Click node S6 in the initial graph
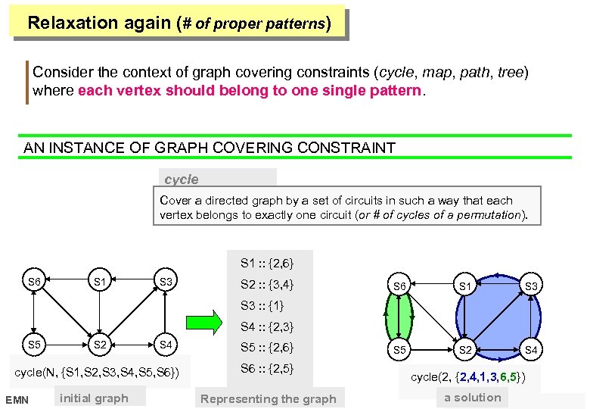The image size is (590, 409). pyautogui.click(x=34, y=283)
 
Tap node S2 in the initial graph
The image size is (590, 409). pyautogui.click(x=99, y=345)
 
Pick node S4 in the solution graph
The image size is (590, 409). pyautogui.click(x=531, y=350)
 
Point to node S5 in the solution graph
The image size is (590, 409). pyautogui.click(x=401, y=350)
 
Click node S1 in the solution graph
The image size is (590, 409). pyautogui.click(x=466, y=286)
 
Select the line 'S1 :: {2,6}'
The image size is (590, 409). pyautogui.click(x=267, y=264)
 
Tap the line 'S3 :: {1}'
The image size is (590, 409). pyautogui.click(x=262, y=306)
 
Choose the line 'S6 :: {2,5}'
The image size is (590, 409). pyautogui.click(x=267, y=369)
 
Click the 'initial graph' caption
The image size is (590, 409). pyautogui.click(x=94, y=398)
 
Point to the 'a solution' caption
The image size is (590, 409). pyautogui.click(x=473, y=397)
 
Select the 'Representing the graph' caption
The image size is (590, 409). pyautogui.click(x=269, y=398)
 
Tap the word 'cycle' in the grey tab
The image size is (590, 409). pyautogui.click(x=182, y=180)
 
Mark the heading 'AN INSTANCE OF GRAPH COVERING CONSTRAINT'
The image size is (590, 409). pyautogui.click(x=210, y=148)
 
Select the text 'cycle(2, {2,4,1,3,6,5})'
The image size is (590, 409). pyautogui.click(x=468, y=376)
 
